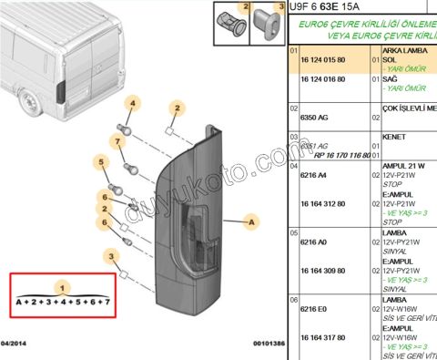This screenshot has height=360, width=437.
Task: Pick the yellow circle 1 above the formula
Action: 62,287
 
